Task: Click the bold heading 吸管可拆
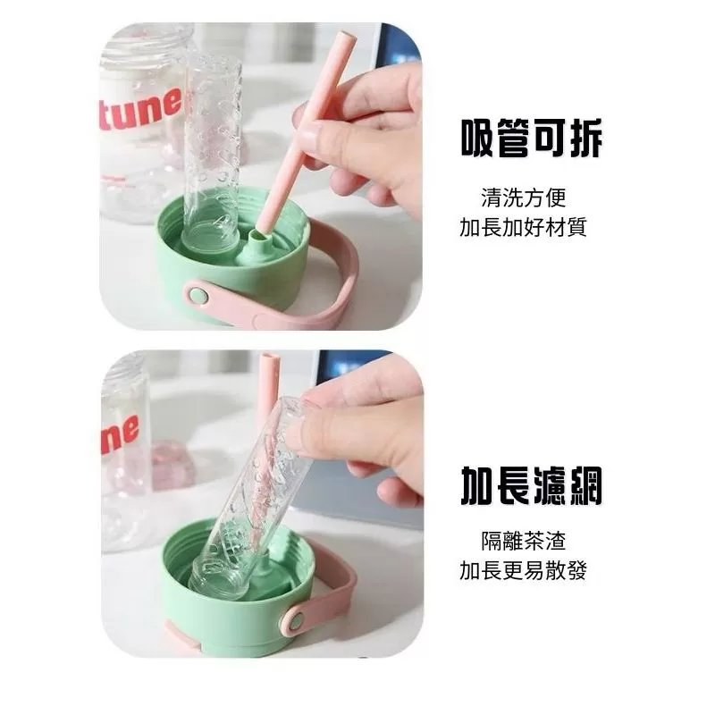tap(532, 138)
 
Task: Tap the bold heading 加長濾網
tap(532, 485)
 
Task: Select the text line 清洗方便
tap(524, 198)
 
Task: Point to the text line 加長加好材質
tap(524, 227)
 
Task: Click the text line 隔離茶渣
tap(524, 541)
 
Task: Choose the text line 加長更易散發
tap(524, 570)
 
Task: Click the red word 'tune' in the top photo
tap(141, 109)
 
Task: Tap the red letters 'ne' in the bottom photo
tap(120, 433)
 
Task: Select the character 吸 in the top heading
tap(478, 138)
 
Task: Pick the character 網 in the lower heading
tap(586, 485)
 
